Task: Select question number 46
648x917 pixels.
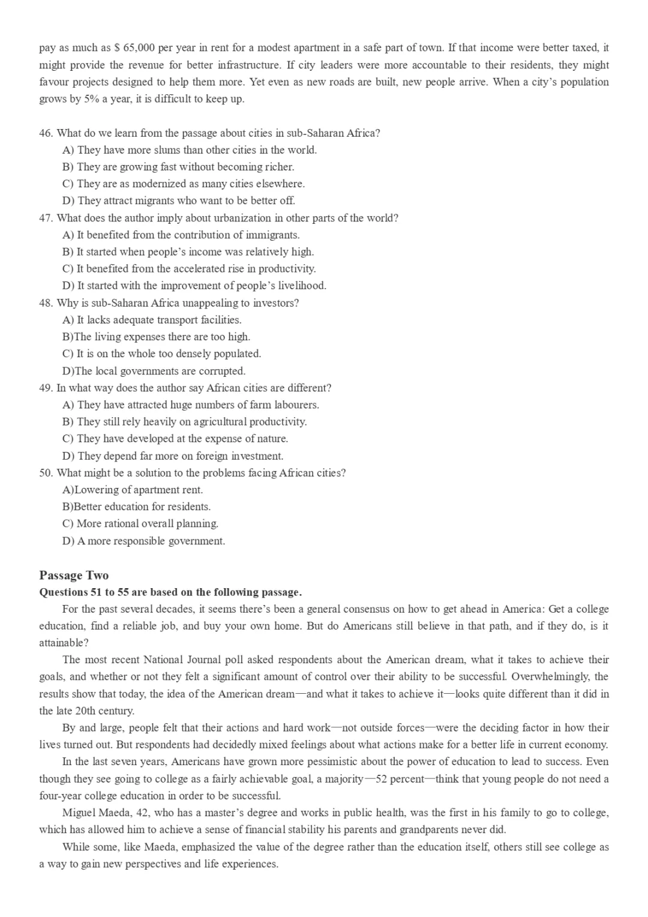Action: click(46, 133)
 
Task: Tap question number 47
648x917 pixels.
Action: click(46, 218)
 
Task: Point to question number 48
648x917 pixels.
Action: click(46, 302)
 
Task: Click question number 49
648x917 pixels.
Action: click(46, 388)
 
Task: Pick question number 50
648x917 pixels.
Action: click(46, 472)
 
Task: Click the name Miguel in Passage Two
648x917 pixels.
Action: click(79, 813)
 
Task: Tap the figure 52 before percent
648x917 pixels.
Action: click(381, 779)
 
